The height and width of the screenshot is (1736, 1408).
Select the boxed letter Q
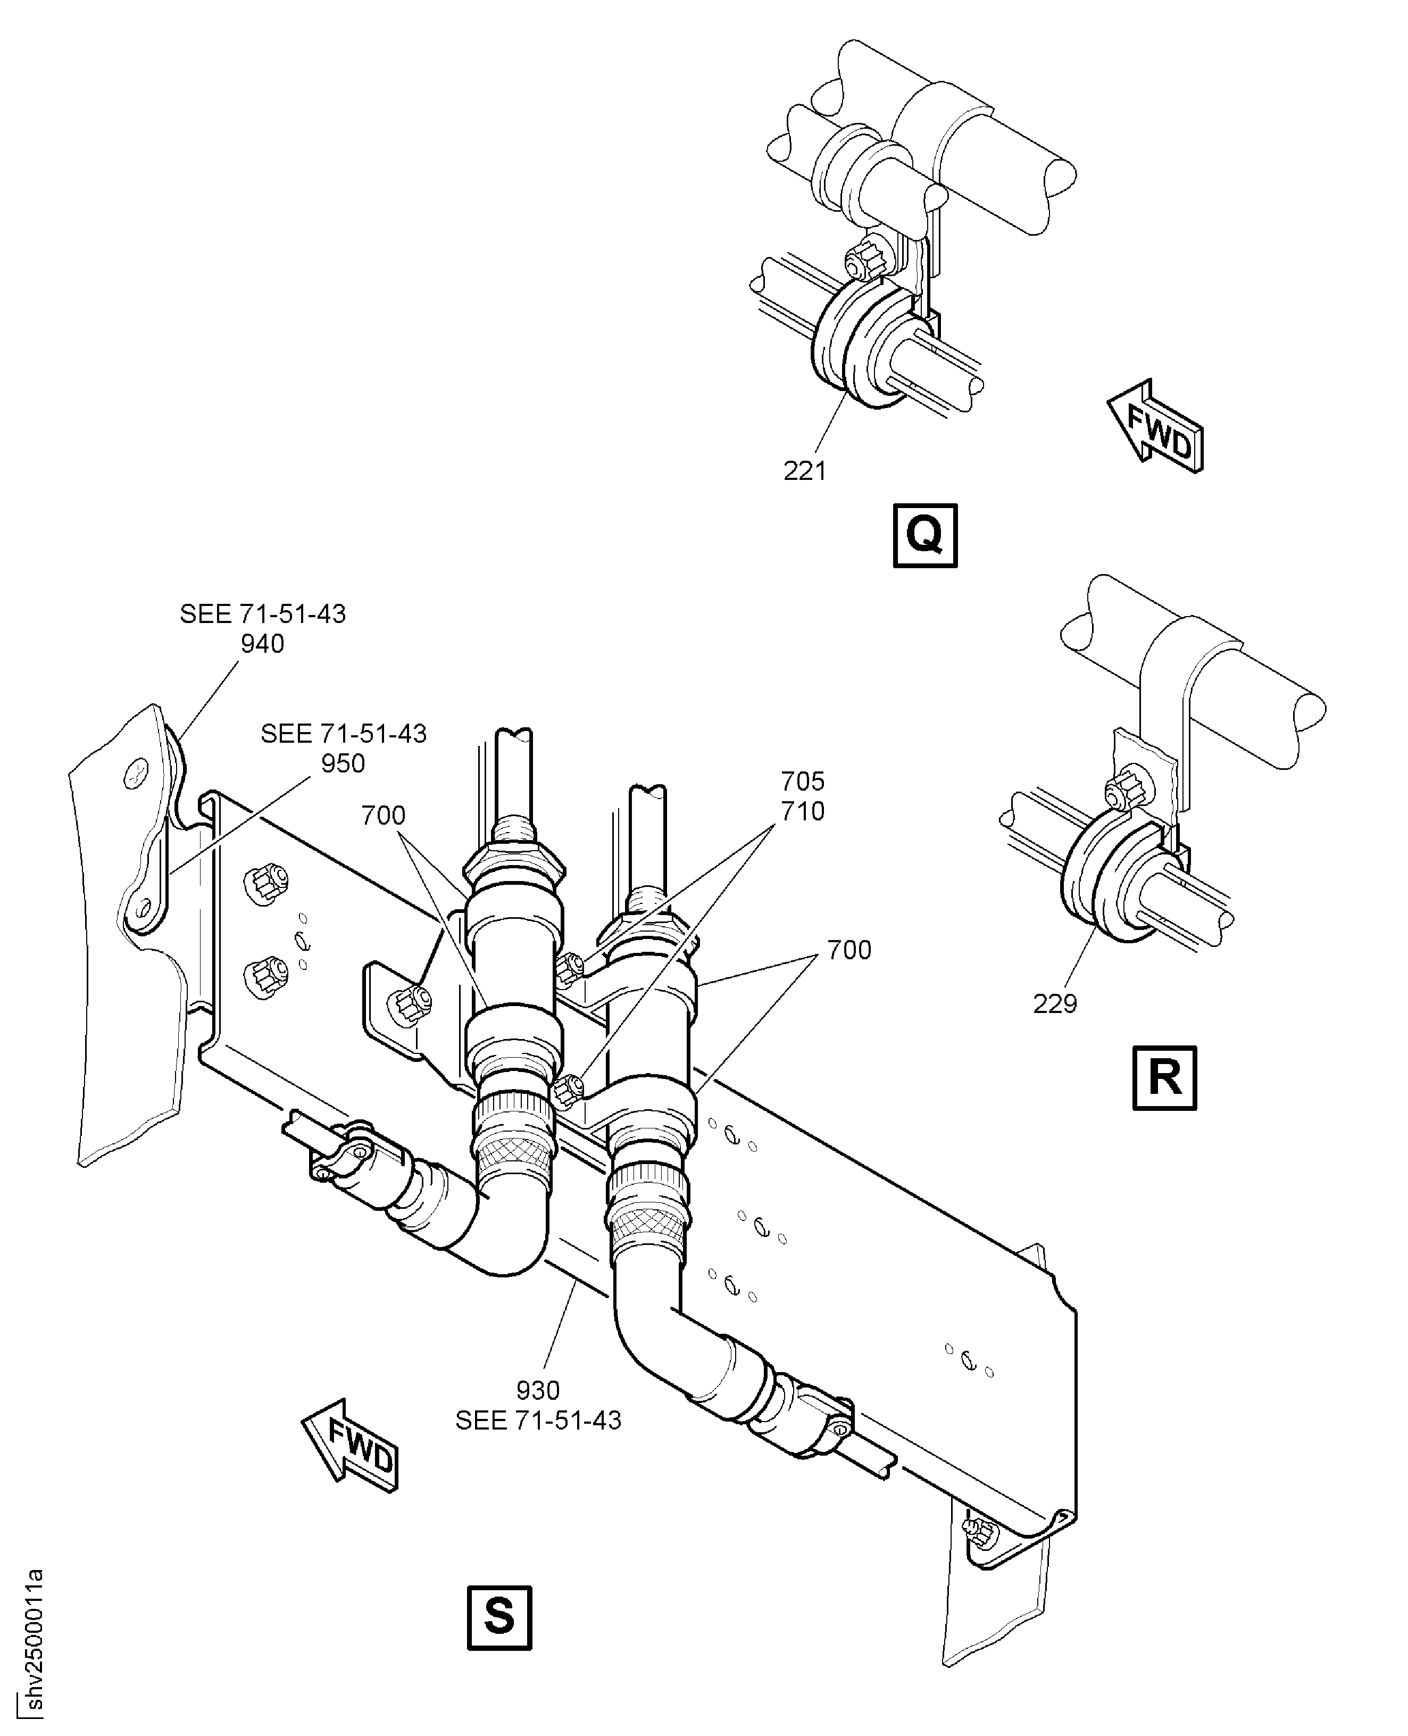pos(924,535)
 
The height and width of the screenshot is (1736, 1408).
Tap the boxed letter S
pos(499,1617)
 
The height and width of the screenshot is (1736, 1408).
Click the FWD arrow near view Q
pos(1156,426)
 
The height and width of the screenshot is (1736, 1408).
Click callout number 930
pos(538,1390)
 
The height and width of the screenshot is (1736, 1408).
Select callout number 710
pos(802,811)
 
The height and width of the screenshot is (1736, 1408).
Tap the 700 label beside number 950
pos(383,815)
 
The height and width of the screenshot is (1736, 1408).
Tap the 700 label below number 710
pos(848,950)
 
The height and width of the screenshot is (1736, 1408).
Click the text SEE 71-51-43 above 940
pos(262,614)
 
